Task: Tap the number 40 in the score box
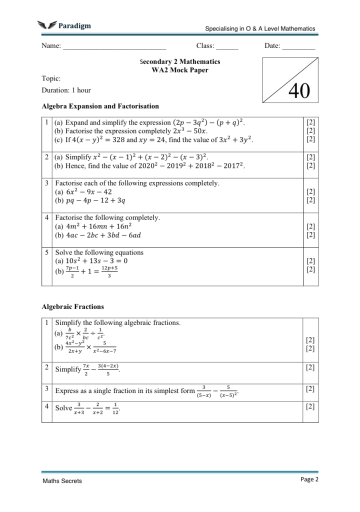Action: (299, 91)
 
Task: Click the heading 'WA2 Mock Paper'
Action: (180, 70)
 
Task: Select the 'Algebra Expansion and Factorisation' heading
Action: (100, 106)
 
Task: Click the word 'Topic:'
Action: (51, 78)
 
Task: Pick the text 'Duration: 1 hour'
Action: (66, 90)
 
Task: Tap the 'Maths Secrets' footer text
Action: (62, 481)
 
